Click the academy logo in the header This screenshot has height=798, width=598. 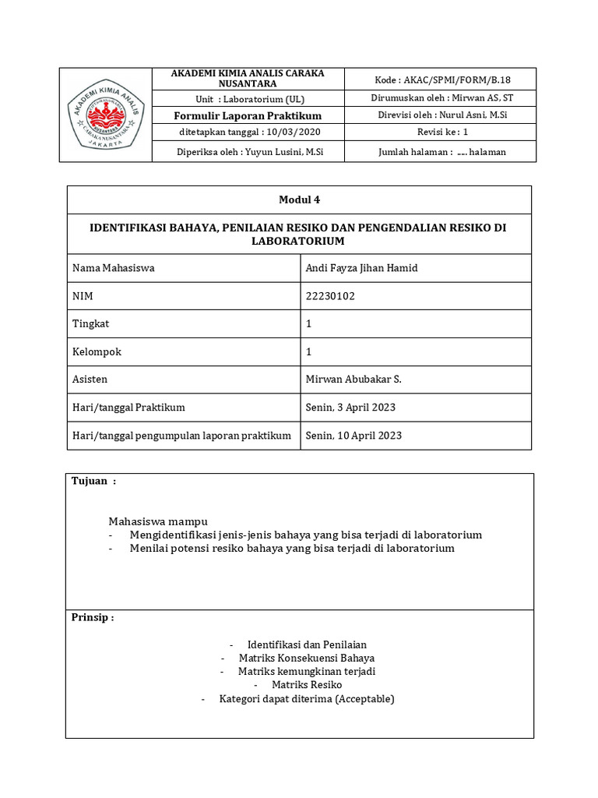click(x=107, y=115)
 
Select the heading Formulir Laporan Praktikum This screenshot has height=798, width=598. click(x=247, y=115)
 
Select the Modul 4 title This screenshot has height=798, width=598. click(x=299, y=199)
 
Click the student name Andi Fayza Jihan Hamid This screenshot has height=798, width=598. click(x=362, y=267)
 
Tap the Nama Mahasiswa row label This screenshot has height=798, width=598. click(x=113, y=267)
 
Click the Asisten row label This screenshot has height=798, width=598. click(x=90, y=379)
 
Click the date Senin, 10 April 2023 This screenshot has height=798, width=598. click(x=354, y=435)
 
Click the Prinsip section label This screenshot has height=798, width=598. click(x=93, y=617)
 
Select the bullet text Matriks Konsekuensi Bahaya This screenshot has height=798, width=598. click(x=306, y=658)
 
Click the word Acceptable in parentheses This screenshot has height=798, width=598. click(x=364, y=698)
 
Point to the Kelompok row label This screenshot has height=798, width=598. click(x=97, y=351)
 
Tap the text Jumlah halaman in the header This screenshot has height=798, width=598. click(x=414, y=152)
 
